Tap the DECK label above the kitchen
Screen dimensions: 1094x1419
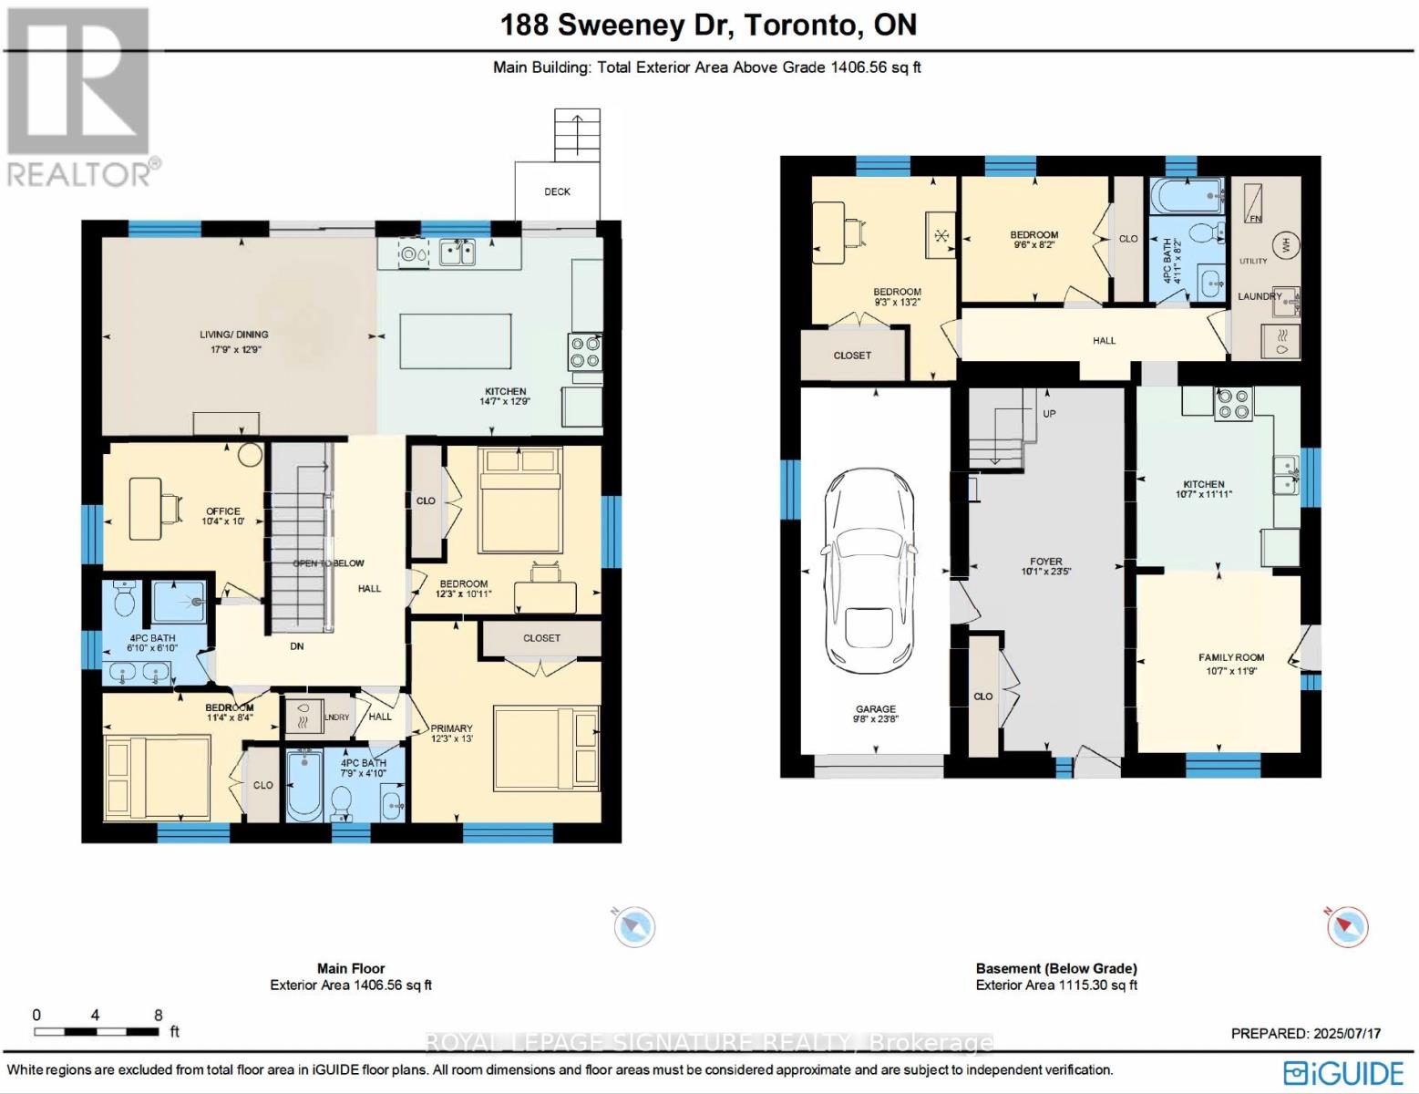click(557, 191)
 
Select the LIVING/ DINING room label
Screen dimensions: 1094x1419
click(234, 335)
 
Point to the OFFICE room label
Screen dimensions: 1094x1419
click(222, 511)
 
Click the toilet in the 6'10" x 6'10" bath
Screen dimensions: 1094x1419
click(125, 599)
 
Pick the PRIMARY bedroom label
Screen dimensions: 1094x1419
click(451, 728)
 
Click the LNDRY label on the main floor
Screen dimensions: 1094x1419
click(336, 717)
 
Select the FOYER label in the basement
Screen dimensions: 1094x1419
click(1045, 562)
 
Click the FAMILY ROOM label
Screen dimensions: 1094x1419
click(1230, 657)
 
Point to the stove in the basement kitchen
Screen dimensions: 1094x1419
click(1234, 404)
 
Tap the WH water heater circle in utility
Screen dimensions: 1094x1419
click(1286, 245)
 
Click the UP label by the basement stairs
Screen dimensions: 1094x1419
click(1049, 413)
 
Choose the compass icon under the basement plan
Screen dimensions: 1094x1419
click(1346, 926)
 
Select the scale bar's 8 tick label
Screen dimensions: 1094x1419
click(159, 1015)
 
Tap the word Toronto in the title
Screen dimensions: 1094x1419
click(799, 25)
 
